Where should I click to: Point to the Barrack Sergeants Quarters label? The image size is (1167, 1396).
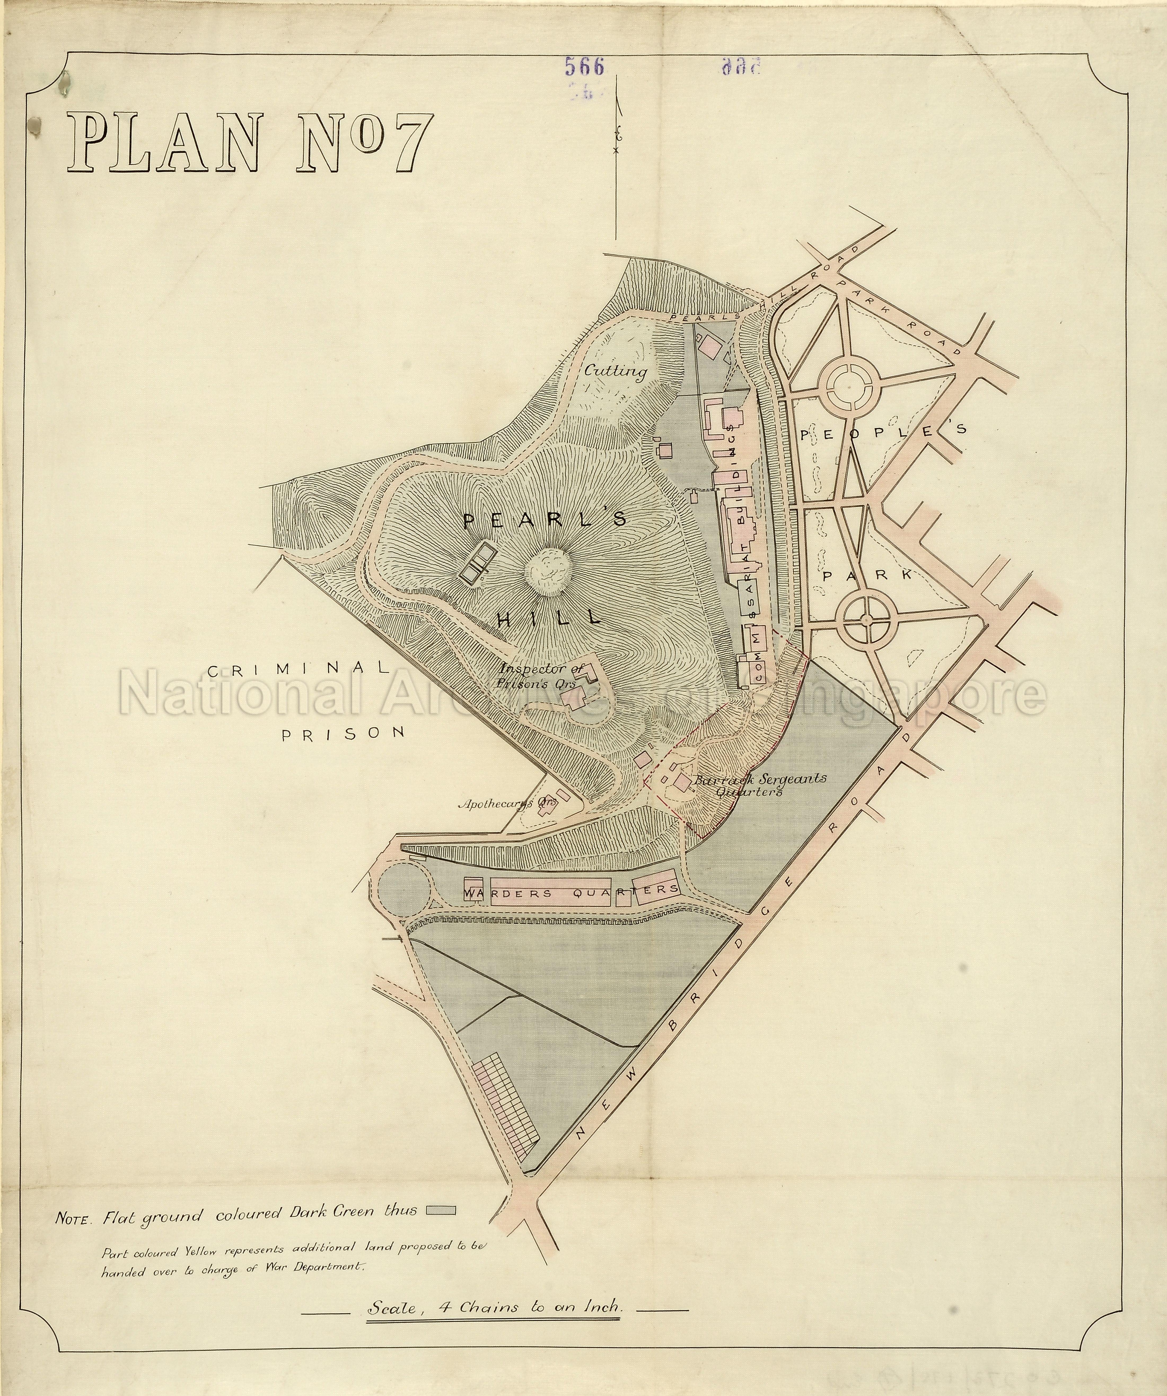[758, 784]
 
